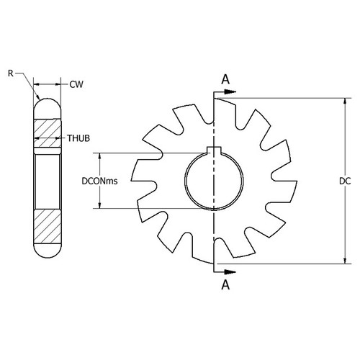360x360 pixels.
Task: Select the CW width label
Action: [x=76, y=84]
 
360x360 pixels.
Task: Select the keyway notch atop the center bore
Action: [x=213, y=150]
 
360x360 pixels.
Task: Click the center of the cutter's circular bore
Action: [x=213, y=180]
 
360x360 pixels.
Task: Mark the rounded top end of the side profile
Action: [x=48, y=104]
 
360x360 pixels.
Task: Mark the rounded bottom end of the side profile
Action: [x=48, y=253]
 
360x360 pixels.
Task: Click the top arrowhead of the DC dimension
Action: [x=346, y=102]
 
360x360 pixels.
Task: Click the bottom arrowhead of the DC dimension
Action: [x=346, y=261]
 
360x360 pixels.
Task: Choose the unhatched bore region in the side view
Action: [x=48, y=180]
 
